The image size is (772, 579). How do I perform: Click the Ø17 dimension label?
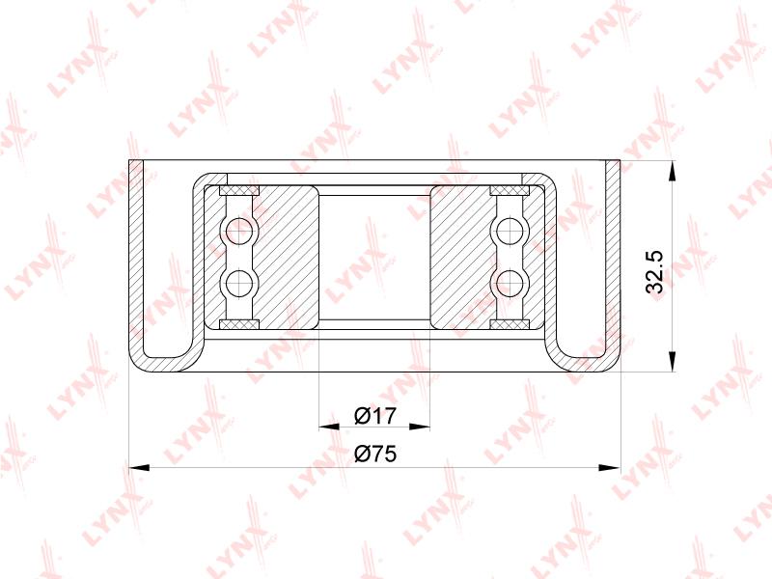pyautogui.click(x=375, y=416)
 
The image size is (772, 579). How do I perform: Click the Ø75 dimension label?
pyautogui.click(x=375, y=454)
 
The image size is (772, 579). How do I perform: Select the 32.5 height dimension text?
pyautogui.click(x=655, y=272)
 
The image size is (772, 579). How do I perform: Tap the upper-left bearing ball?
pyautogui.click(x=238, y=230)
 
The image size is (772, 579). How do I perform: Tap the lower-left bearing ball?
pyautogui.click(x=238, y=283)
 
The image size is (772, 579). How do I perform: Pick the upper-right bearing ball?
pyautogui.click(x=510, y=230)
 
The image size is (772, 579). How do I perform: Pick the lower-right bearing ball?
pyautogui.click(x=510, y=283)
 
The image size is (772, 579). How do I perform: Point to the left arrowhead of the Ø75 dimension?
pyautogui.click(x=139, y=467)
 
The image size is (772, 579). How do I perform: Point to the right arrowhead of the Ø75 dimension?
pyautogui.click(x=610, y=467)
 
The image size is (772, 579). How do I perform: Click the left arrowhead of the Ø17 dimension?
pyautogui.click(x=329, y=427)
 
